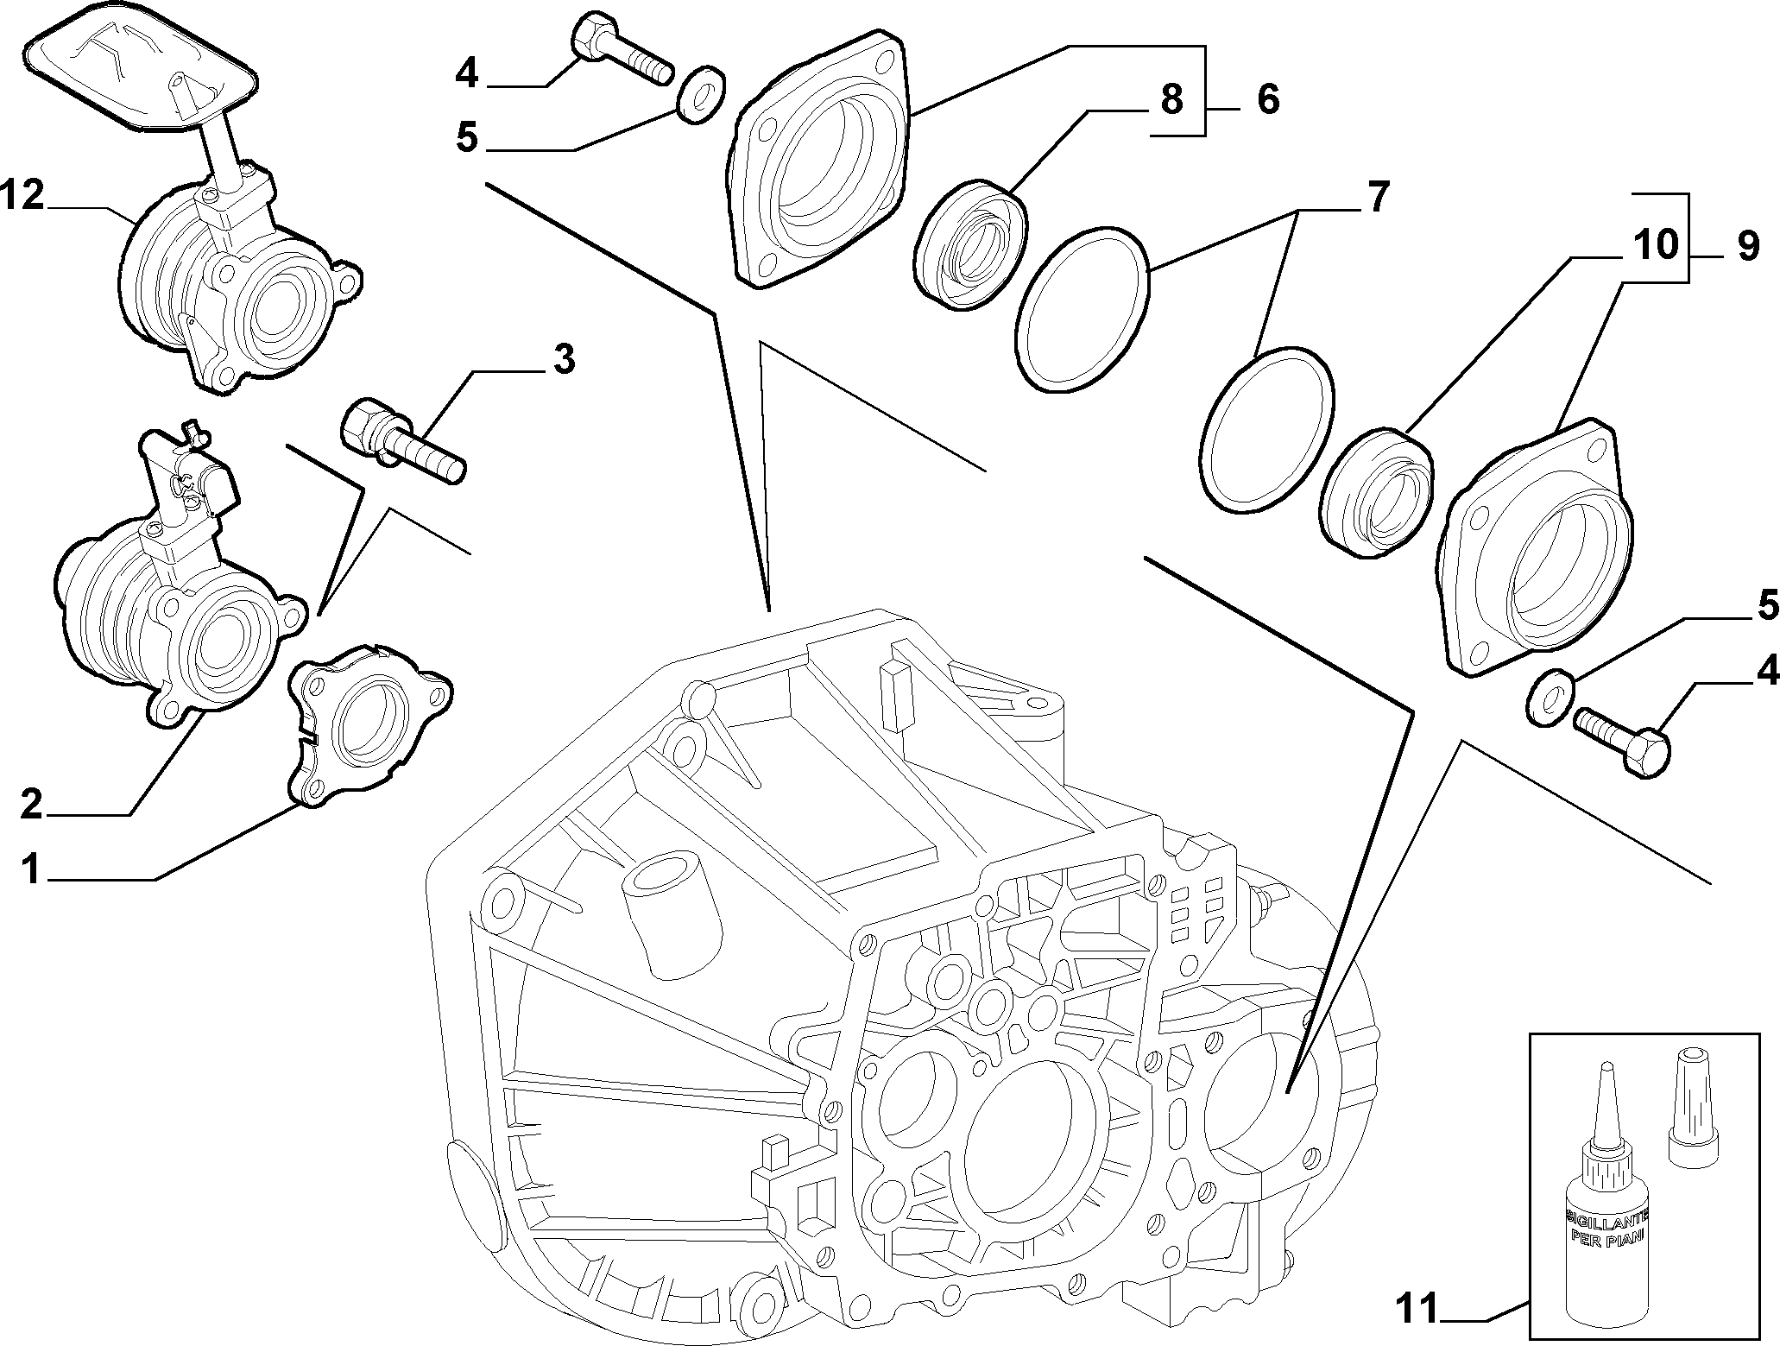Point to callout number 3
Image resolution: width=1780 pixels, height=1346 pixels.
(x=563, y=359)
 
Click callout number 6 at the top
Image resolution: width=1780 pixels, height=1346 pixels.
(x=1267, y=99)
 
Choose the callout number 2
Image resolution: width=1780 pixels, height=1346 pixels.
(x=31, y=806)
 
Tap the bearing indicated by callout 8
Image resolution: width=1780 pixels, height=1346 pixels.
(x=970, y=243)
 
